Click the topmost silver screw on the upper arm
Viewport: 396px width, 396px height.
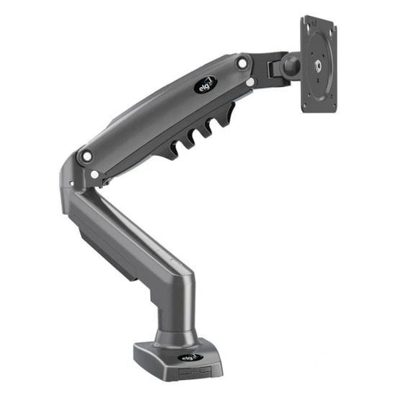coord(242,63)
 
